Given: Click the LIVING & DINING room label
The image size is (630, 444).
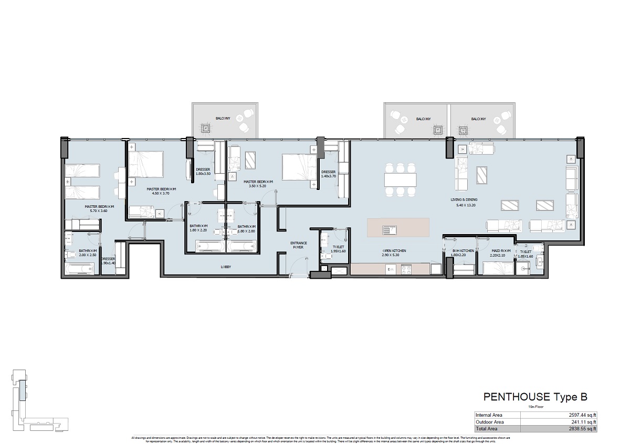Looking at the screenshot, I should (x=464, y=200).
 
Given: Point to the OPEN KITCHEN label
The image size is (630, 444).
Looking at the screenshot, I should (x=394, y=251).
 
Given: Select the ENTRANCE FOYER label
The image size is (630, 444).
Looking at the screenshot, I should (x=298, y=245).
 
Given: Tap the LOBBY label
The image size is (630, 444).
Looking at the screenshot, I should (x=227, y=267).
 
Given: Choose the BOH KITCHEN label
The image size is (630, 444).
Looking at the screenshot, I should (x=463, y=251).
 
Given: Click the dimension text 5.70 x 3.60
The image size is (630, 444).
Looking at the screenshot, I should (x=99, y=212).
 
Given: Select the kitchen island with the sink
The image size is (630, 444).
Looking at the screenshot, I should (x=398, y=228).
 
